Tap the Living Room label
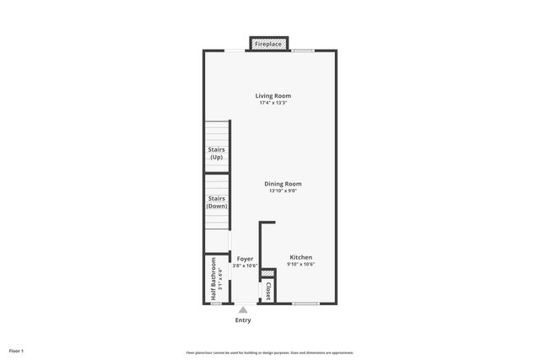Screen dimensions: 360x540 [x=273, y=96]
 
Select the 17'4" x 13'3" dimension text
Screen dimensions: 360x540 [x=273, y=103]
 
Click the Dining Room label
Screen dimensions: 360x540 [x=283, y=184]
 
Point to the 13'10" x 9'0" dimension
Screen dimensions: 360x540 [x=283, y=191]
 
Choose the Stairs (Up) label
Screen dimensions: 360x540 [x=217, y=153]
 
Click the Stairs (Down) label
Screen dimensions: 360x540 [x=217, y=202]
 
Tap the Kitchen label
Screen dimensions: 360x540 [x=301, y=257]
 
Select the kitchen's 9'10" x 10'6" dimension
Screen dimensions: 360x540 [x=301, y=264]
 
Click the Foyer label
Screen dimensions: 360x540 [x=245, y=258]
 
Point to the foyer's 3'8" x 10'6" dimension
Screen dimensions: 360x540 [x=245, y=265]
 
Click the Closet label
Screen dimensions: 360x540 [x=267, y=291]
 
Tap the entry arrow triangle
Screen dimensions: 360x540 [x=243, y=310]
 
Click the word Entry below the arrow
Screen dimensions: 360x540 [x=243, y=320]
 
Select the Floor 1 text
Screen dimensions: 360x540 [x=16, y=350]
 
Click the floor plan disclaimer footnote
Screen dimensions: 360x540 [x=270, y=352]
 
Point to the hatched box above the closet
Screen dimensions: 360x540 [x=267, y=274]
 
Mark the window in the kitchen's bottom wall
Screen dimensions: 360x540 [x=305, y=303]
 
